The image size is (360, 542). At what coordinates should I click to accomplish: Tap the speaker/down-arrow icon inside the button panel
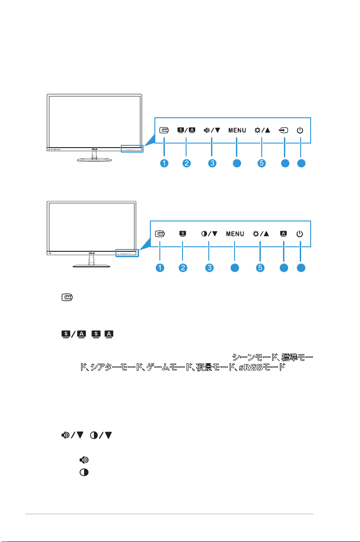[x=211, y=130]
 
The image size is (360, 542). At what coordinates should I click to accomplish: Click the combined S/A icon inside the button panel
[x=186, y=130]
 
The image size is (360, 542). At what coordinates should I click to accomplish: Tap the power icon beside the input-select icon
[x=300, y=130]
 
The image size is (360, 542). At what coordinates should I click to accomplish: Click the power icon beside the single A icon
[x=300, y=234]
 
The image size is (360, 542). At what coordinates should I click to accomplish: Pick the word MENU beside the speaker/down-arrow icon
[x=237, y=130]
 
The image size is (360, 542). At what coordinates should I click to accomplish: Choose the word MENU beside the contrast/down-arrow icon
[x=235, y=234]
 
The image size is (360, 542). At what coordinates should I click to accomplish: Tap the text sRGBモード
[x=262, y=368]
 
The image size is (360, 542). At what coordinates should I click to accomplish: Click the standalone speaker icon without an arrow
[x=84, y=460]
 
